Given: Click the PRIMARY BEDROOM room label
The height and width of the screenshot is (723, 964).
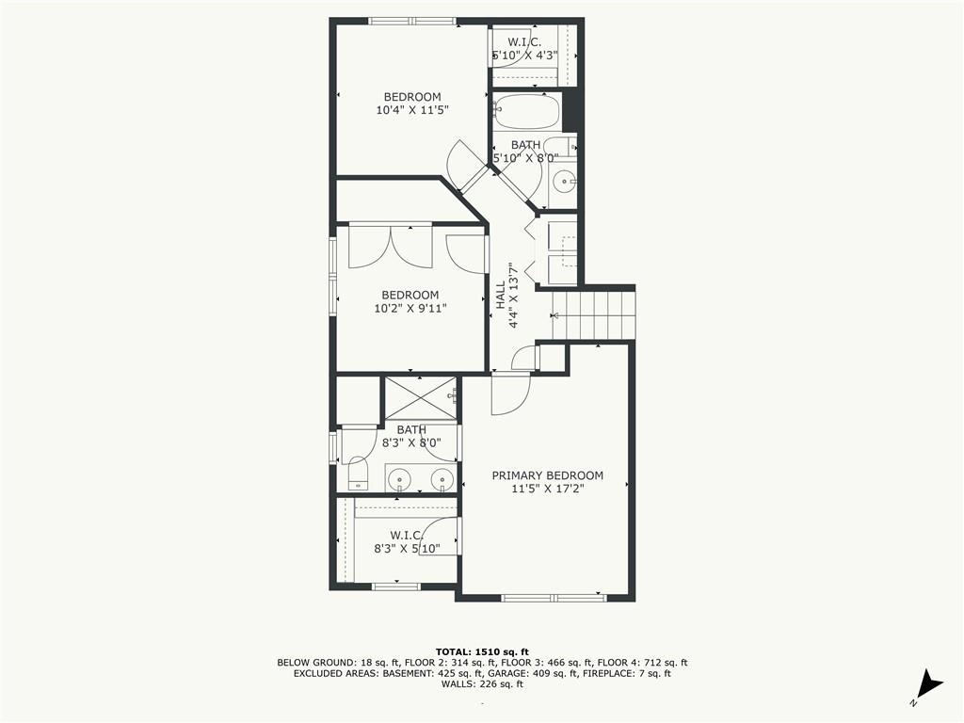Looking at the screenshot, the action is [x=547, y=475].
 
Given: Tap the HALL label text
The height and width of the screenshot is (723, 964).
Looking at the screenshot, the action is [x=501, y=295].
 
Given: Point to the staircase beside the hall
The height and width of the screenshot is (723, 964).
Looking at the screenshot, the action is [x=593, y=314].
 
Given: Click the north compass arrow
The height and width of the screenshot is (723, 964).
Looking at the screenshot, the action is [x=930, y=685].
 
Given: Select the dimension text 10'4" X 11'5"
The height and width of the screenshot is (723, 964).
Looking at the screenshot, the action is [x=412, y=110].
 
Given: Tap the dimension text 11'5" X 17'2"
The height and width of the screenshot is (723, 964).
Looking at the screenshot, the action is [x=547, y=489].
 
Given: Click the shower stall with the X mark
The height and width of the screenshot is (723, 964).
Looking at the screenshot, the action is [x=421, y=398].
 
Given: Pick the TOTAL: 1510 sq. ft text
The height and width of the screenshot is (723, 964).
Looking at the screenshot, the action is [x=482, y=651].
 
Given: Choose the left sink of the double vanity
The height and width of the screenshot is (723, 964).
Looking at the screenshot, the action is [x=400, y=477].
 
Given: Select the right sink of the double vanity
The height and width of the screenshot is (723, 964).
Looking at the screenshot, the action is [x=442, y=477].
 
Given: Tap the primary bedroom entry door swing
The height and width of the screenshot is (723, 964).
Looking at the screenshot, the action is [x=510, y=394].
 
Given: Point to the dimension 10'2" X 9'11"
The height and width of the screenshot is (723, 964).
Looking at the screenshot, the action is [x=410, y=308].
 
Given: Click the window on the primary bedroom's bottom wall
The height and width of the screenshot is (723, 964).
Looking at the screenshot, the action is [x=554, y=598].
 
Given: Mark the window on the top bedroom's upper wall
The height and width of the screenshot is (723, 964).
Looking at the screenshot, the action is [x=412, y=22].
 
